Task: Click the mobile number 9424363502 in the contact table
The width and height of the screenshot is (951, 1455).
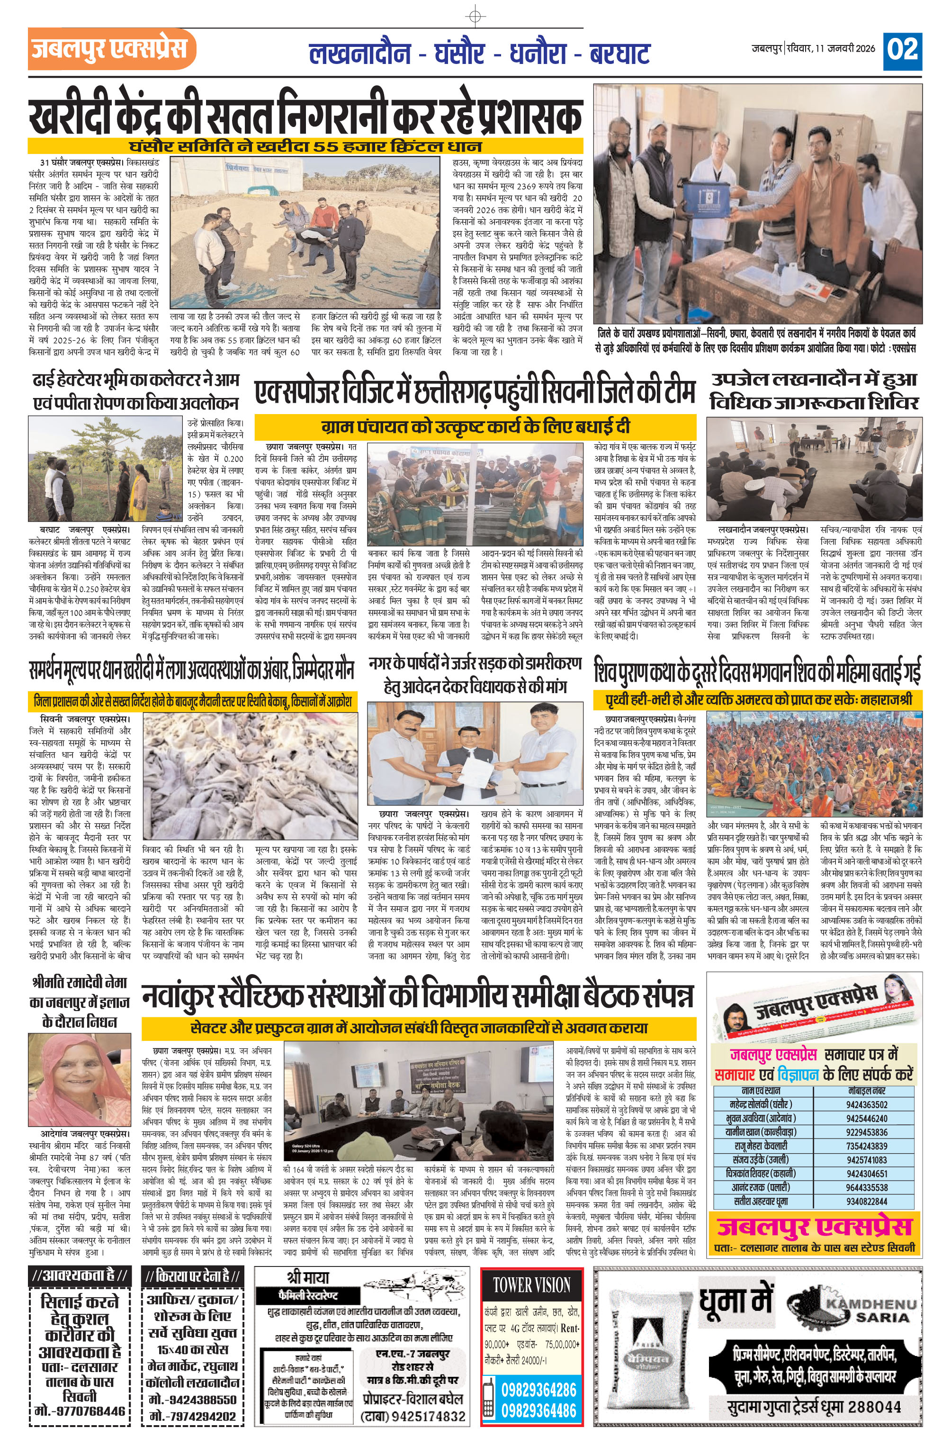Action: point(867,1105)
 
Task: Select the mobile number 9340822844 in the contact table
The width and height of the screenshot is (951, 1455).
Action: point(867,1202)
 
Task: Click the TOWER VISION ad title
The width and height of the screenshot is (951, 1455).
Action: point(532,1286)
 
